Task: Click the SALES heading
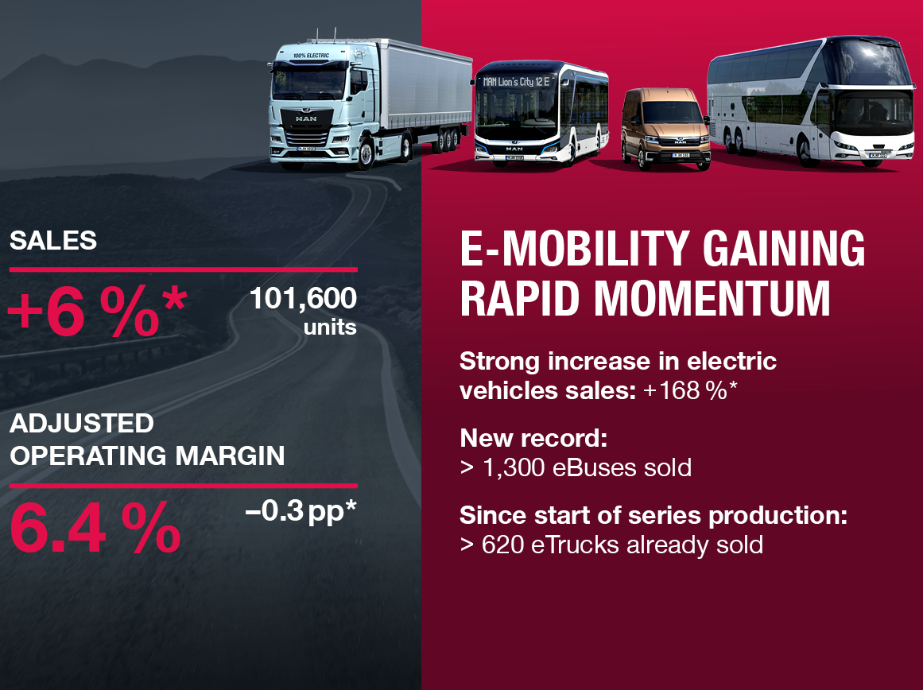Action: pyautogui.click(x=53, y=240)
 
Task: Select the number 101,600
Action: pyautogui.click(x=303, y=298)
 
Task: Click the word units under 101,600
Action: pyautogui.click(x=330, y=328)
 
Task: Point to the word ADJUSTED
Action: pyautogui.click(x=82, y=424)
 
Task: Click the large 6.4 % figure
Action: pyautogui.click(x=95, y=528)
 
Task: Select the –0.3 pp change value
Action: pyautogui.click(x=301, y=512)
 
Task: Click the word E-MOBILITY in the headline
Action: pyautogui.click(x=575, y=249)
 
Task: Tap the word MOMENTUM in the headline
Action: pyautogui.click(x=712, y=298)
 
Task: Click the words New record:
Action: pyautogui.click(x=533, y=438)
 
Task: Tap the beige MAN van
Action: pyautogui.click(x=665, y=128)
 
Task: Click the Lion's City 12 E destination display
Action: pyautogui.click(x=516, y=82)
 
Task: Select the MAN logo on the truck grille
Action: pyautogui.click(x=306, y=118)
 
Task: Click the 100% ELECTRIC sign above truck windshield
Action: pyautogui.click(x=312, y=56)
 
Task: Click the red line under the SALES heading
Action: pyautogui.click(x=184, y=269)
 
